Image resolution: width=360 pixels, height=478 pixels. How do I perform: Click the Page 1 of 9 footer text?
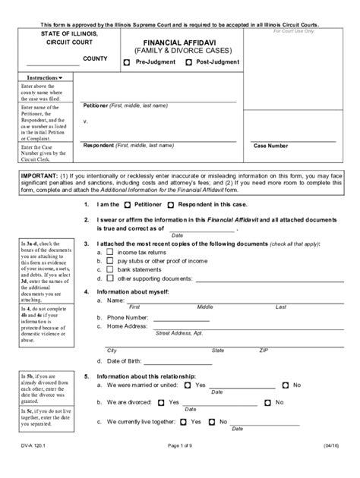coord(179,468)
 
